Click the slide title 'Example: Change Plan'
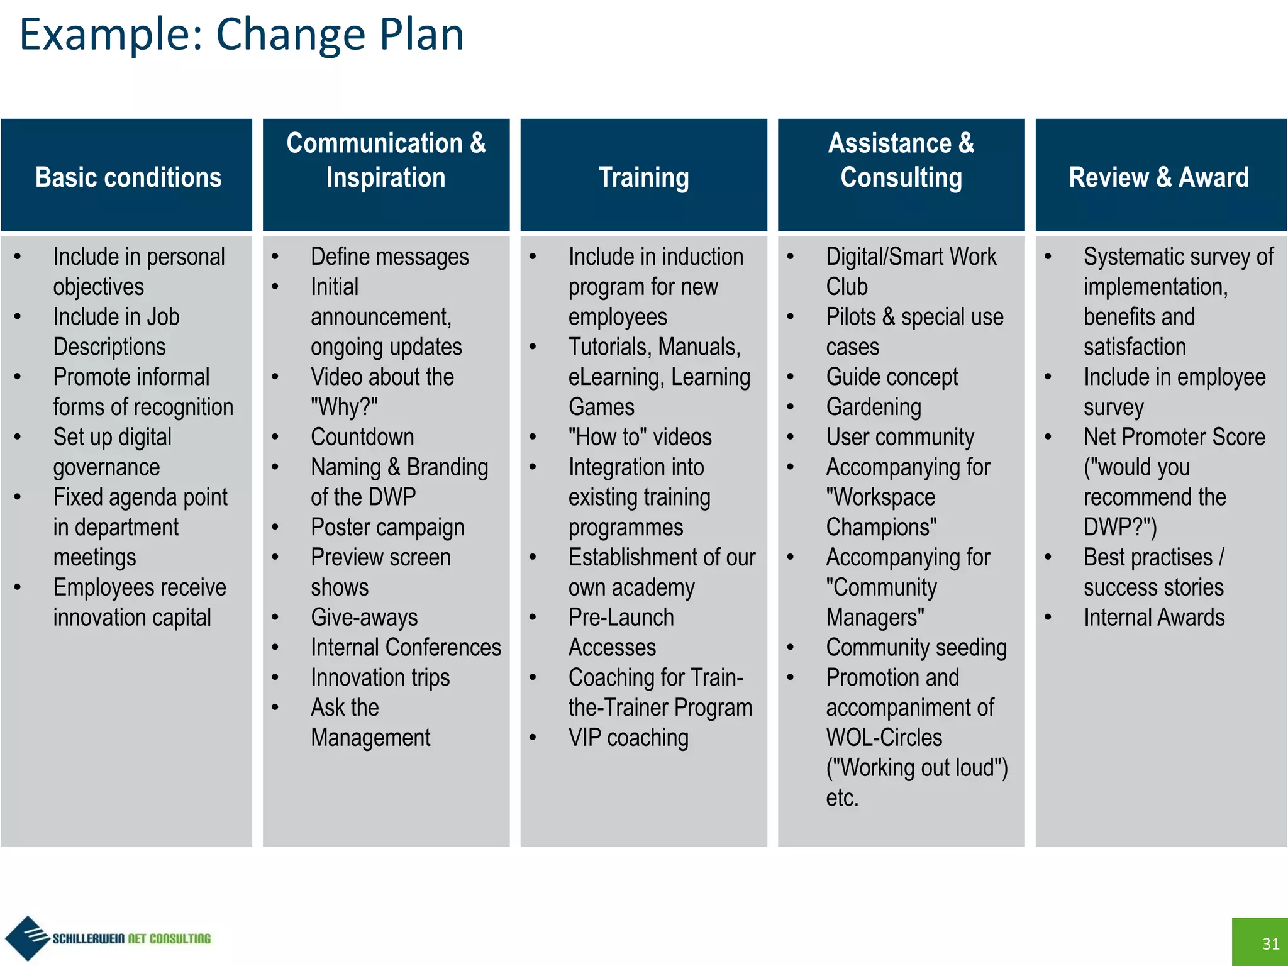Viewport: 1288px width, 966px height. [241, 35]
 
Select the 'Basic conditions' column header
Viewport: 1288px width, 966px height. [128, 177]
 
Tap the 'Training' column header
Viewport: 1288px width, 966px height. [643, 177]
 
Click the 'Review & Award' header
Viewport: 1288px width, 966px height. [1158, 177]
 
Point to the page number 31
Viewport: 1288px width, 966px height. [1270, 943]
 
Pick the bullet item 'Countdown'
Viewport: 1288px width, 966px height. [362, 437]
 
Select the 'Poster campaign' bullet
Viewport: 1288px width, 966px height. [387, 527]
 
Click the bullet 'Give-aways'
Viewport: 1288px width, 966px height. [364, 618]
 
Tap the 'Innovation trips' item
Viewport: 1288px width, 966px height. [380, 677]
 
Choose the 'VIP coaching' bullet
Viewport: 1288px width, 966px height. [628, 738]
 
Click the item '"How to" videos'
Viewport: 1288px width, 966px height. [640, 437]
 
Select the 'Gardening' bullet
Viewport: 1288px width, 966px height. [874, 407]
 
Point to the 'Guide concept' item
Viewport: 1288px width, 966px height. [892, 377]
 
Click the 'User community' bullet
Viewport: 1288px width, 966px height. [900, 437]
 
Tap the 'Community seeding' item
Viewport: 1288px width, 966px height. [916, 647]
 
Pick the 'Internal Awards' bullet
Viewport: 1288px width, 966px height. [1154, 618]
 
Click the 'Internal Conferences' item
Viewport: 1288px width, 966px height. [406, 647]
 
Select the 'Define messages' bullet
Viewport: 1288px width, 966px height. [389, 257]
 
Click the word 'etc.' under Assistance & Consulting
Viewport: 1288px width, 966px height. [842, 797]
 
